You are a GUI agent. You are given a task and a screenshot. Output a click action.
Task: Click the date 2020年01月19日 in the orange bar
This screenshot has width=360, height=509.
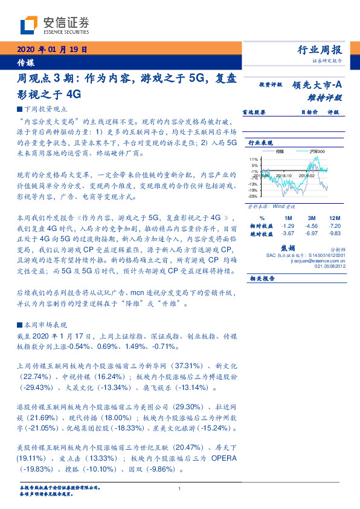click(53, 49)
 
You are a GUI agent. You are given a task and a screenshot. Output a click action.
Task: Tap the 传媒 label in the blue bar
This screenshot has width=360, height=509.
click(25, 62)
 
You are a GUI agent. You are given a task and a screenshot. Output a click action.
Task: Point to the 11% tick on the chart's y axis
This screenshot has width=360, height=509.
click(254, 158)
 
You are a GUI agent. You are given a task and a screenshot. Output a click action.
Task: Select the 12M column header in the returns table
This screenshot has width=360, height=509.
click(334, 217)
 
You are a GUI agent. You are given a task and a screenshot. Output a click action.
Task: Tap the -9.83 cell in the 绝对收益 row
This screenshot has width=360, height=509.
click(334, 233)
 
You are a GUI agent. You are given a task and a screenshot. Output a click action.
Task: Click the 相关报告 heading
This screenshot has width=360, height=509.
click(262, 279)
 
